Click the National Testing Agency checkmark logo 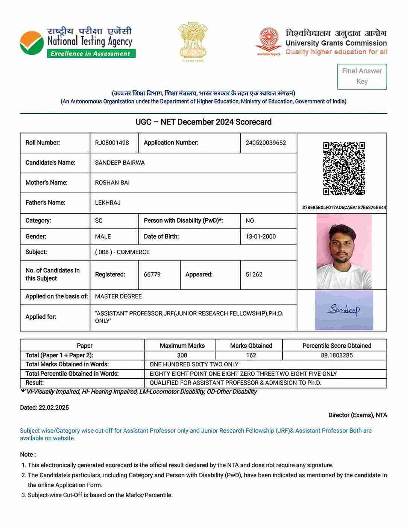tap(32, 43)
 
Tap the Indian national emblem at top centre tap(193, 41)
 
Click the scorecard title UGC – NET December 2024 tap(203, 122)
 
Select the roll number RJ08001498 tap(112, 143)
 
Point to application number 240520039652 tap(266, 143)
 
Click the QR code tap(344, 168)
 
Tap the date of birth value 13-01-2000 tap(261, 237)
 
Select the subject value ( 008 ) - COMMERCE tap(122, 252)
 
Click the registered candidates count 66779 tap(152, 275)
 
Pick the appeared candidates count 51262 tap(254, 275)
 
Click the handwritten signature tap(344, 310)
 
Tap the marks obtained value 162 tap(251, 355)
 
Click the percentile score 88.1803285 tap(337, 355)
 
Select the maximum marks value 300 tap(182, 355)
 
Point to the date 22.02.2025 tap(53, 408)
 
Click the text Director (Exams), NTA tap(357, 415)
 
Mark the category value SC tap(99, 221)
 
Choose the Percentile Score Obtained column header tap(337, 346)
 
